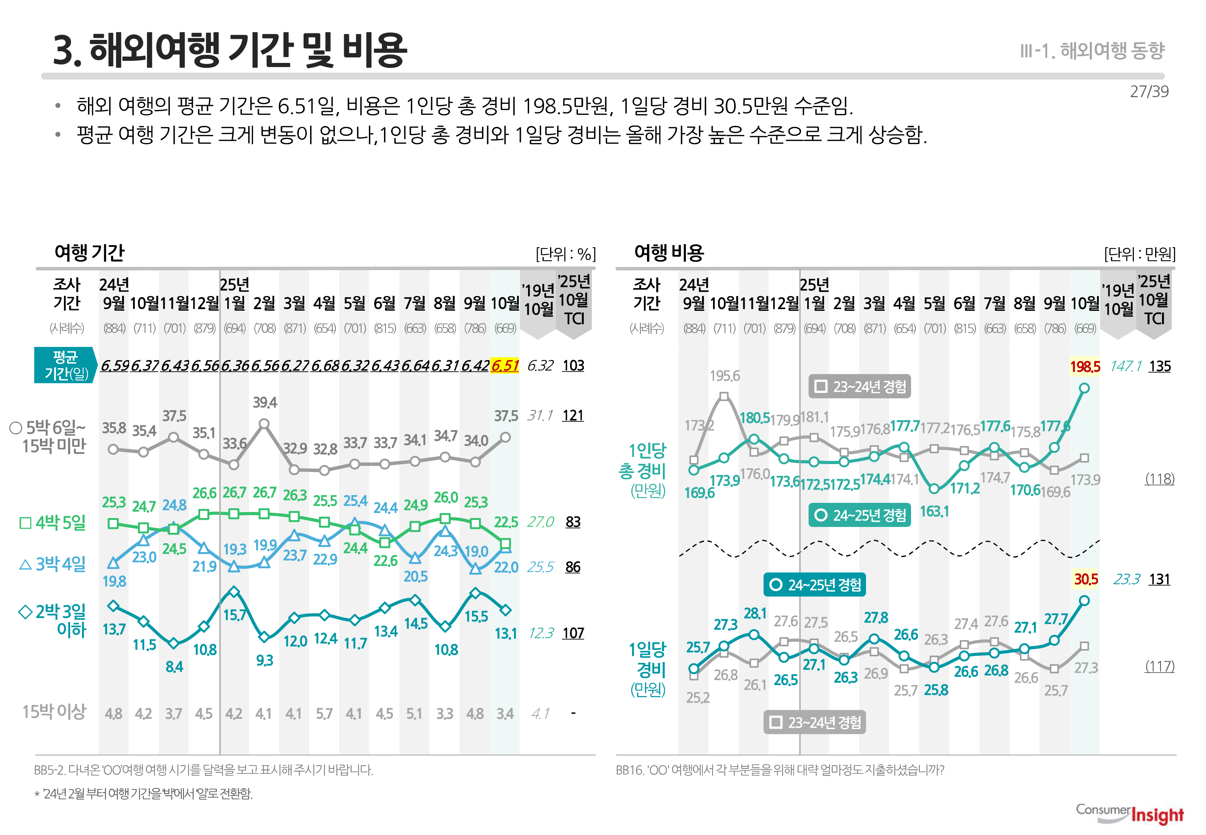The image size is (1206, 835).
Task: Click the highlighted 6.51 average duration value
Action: click(505, 365)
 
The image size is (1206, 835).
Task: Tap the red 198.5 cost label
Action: click(1085, 366)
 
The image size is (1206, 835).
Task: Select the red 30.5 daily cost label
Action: click(1086, 579)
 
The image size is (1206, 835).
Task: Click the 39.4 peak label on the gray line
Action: click(265, 402)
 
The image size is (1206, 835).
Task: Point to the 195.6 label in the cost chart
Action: click(725, 376)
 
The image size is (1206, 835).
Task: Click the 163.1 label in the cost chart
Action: click(934, 511)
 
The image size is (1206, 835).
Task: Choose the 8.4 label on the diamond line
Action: click(174, 667)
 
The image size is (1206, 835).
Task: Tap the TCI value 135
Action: click(1160, 366)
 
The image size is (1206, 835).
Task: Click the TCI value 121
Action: click(573, 415)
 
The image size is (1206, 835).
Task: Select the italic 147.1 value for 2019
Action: click(1126, 366)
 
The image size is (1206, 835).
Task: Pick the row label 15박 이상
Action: click(54, 712)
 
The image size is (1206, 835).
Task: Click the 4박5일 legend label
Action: click(53, 522)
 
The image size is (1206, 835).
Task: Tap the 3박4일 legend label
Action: click(53, 564)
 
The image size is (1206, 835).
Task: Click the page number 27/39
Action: click(1149, 91)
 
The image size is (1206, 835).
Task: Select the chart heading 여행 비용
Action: click(669, 253)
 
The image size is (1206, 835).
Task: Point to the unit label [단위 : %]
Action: click(566, 254)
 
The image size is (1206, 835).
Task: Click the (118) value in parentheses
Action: click(1160, 479)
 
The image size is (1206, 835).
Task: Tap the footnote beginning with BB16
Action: click(780, 770)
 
